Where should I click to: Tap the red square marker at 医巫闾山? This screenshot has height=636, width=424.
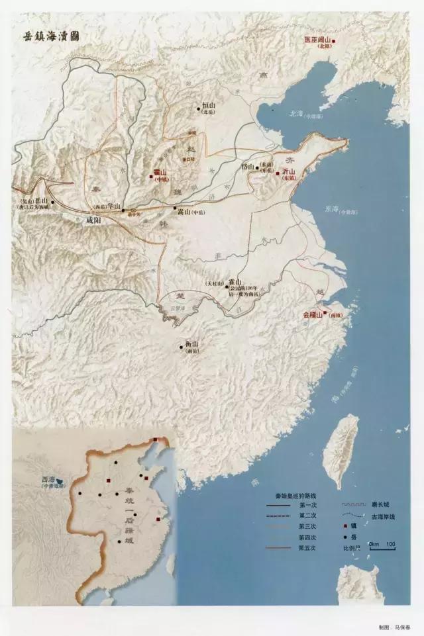tap(334, 41)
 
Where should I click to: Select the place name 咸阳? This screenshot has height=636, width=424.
tap(96, 220)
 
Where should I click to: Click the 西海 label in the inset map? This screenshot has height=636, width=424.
tap(48, 478)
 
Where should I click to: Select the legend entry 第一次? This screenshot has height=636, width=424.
tap(305, 504)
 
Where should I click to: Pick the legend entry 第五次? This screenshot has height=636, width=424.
tap(305, 548)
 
